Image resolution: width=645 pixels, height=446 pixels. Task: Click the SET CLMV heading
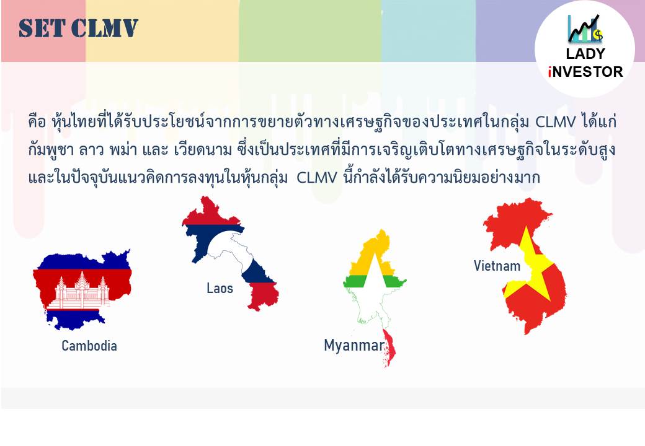(78, 28)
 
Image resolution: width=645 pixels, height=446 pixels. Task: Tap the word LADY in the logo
(585, 54)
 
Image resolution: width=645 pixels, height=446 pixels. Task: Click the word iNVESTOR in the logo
(585, 72)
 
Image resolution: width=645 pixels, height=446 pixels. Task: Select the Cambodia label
(89, 346)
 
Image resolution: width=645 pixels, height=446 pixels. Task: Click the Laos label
(220, 288)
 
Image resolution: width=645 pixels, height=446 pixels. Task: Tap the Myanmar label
(354, 346)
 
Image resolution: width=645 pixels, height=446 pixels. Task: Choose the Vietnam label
(497, 266)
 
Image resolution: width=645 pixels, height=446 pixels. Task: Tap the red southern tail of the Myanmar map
(389, 348)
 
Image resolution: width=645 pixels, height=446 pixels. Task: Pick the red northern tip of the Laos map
(210, 212)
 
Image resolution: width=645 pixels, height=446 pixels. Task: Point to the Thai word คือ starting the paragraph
(37, 122)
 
